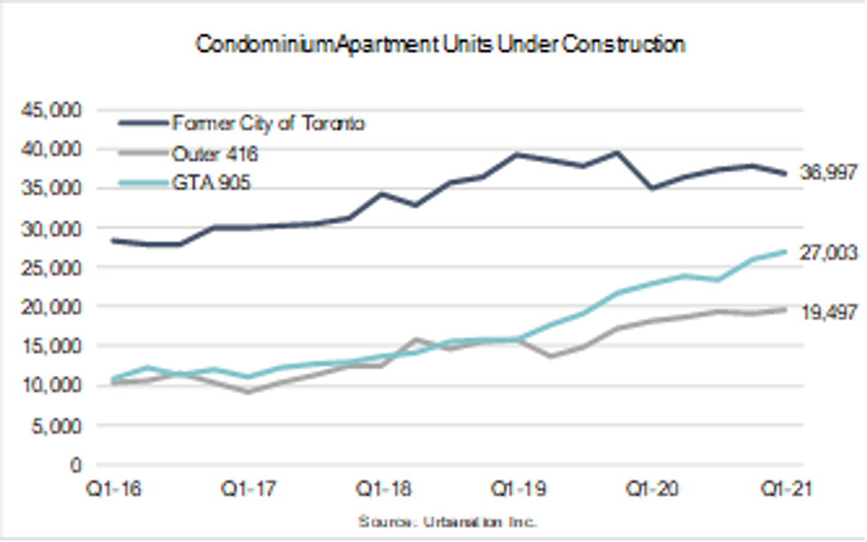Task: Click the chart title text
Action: pyautogui.click(x=440, y=45)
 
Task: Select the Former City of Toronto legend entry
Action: pyautogui.click(x=269, y=124)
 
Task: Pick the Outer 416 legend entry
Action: pyautogui.click(x=216, y=154)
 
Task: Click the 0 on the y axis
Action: pyautogui.click(x=76, y=464)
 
